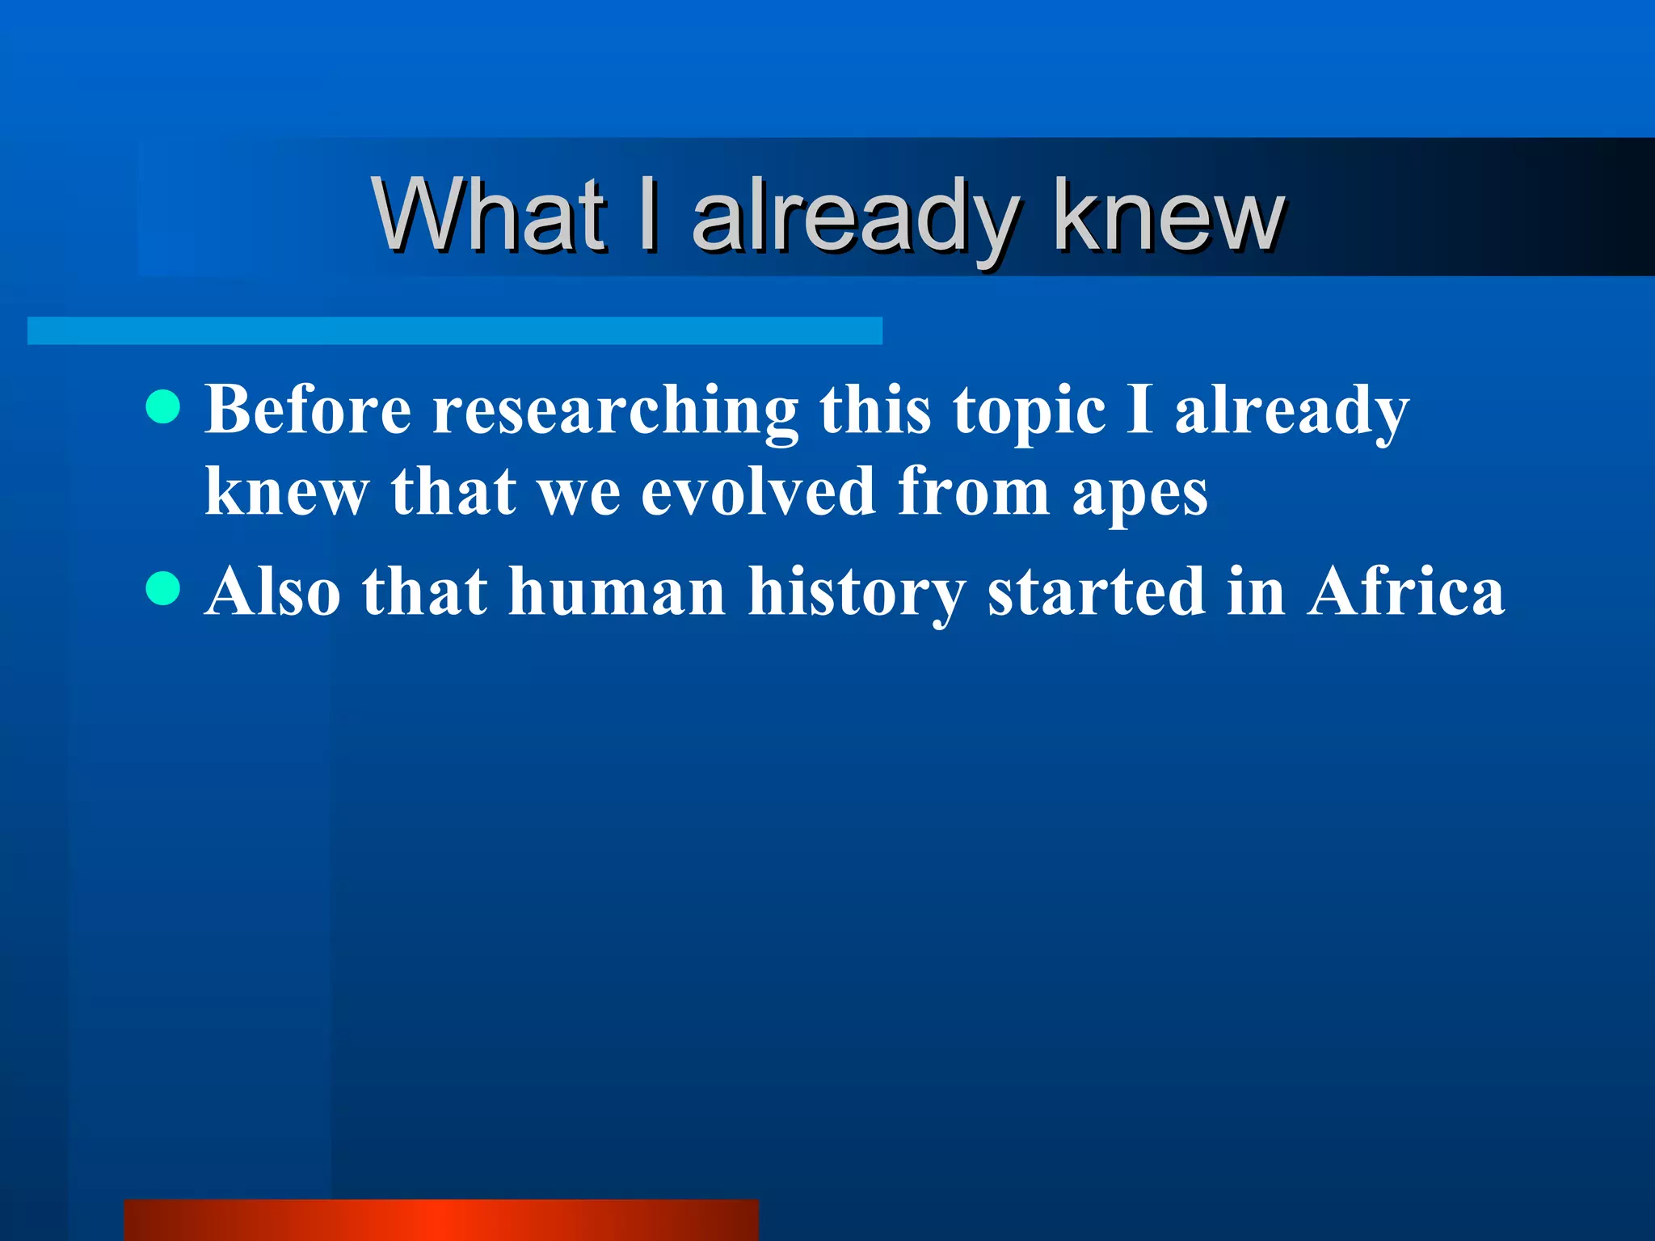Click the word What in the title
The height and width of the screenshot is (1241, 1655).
coord(489,214)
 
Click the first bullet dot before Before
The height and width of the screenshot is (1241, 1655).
coord(163,406)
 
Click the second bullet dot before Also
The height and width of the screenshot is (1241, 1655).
coord(163,588)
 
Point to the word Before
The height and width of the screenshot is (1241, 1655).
coord(308,410)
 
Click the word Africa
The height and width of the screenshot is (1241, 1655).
coord(1406,591)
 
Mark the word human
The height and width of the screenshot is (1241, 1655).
coord(617,591)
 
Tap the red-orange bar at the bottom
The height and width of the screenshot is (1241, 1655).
coord(441,1220)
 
